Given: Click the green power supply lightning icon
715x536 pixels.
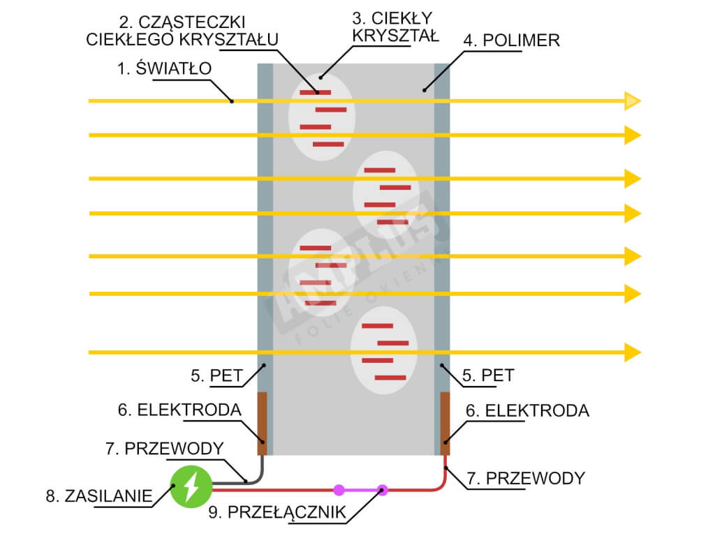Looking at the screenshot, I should pos(190,487).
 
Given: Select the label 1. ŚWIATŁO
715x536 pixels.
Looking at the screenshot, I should pos(165,68).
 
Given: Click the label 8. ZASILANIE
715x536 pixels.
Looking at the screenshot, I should pos(98,496).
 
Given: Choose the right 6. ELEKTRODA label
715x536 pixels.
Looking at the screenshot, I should pos(527,410).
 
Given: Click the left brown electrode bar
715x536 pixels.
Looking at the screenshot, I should pos(263,423).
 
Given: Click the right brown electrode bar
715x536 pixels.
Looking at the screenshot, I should pos(444,423).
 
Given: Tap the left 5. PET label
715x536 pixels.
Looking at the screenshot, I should pos(216,375).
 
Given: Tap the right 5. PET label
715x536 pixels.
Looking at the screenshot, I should pos(488,375).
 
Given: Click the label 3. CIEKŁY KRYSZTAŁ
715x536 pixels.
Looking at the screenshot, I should pos(395,27).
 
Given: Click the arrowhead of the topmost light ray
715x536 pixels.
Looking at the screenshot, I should pos(632,101).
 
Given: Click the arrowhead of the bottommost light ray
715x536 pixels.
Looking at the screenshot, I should pos(632,352).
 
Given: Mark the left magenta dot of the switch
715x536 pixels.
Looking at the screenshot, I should pos(339,489).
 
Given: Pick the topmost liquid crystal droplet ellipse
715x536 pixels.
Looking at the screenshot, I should pos(322,117).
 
